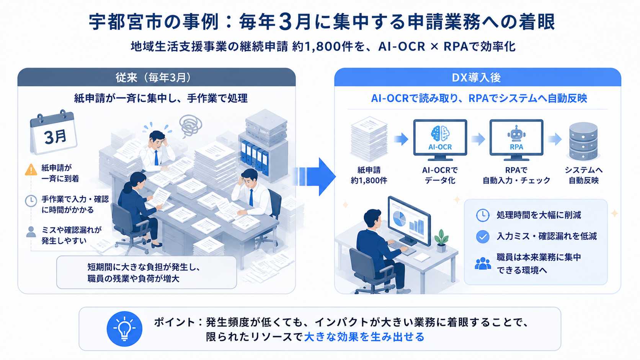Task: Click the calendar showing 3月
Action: [x=53, y=132]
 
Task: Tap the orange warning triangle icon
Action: [x=31, y=169]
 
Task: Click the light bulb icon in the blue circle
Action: [x=124, y=329]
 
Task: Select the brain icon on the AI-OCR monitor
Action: [x=440, y=134]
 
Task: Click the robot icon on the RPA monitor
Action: [x=516, y=133]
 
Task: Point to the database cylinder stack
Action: [x=583, y=141]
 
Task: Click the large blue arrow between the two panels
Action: [x=314, y=177]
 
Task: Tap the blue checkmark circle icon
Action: [x=483, y=237]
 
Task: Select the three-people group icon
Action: [x=483, y=264]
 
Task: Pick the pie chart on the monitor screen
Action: [x=399, y=219]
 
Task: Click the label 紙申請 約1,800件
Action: [x=369, y=175]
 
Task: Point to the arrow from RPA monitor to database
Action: [x=555, y=139]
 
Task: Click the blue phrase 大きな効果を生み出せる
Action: [x=364, y=337]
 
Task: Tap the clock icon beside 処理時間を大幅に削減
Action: [x=483, y=215]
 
